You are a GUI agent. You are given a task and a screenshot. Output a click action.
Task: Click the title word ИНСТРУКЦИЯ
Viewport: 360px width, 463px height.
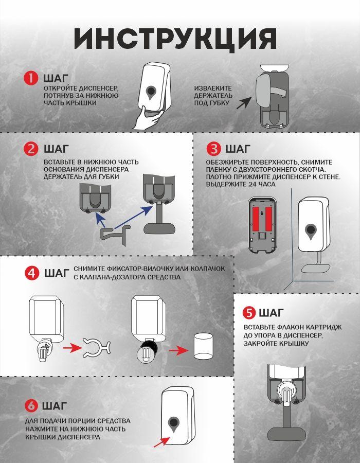pos(175,39)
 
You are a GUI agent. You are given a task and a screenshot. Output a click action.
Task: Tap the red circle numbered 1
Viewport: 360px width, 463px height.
pos(31,78)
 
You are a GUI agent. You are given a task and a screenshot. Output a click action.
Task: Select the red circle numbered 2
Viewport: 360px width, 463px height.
pos(31,149)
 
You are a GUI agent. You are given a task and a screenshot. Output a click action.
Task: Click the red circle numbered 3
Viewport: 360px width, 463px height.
pos(213,149)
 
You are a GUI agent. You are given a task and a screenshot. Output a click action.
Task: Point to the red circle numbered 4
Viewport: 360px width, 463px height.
pos(32,273)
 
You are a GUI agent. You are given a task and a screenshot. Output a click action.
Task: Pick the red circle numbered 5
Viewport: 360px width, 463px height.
pos(249,313)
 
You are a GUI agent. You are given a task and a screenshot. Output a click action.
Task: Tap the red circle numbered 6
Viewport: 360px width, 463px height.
pos(31,406)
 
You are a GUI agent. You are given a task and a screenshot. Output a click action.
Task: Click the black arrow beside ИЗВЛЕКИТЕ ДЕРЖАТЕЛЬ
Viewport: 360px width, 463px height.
pos(243,103)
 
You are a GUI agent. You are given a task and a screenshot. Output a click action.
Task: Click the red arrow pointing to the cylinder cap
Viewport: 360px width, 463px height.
pos(179,350)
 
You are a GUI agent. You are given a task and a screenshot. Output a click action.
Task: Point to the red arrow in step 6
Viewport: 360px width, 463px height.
pos(161,442)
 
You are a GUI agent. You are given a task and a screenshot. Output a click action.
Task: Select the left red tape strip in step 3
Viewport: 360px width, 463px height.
pos(256,219)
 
